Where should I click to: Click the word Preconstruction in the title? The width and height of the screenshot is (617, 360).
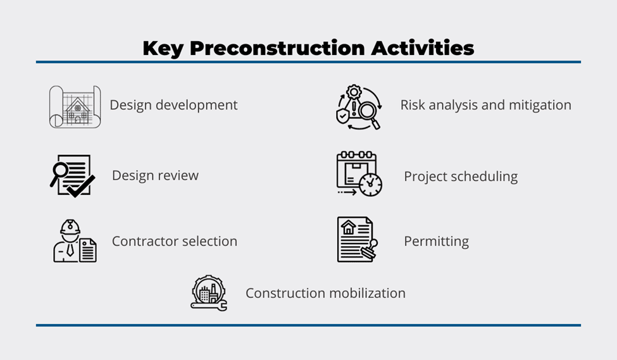point(277,48)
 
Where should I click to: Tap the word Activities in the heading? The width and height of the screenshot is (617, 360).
point(423,47)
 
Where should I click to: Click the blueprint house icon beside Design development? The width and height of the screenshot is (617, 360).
point(75,107)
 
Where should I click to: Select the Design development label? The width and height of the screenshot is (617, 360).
point(173,105)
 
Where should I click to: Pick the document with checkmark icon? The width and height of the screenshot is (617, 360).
point(72,175)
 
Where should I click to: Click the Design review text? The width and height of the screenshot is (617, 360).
point(156,175)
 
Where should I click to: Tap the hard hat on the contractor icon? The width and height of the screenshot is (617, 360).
point(70,227)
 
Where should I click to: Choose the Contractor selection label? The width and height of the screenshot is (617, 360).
point(175,241)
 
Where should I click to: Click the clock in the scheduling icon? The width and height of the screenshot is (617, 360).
point(370,184)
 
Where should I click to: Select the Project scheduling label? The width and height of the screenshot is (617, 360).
point(461,177)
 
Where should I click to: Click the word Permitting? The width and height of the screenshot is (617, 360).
point(437,241)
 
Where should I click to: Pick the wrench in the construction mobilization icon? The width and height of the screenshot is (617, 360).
point(209,306)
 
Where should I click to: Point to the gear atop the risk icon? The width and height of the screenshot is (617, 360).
point(354,92)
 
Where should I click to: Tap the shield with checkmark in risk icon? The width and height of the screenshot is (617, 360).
point(342,116)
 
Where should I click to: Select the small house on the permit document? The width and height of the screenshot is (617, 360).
point(348,227)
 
